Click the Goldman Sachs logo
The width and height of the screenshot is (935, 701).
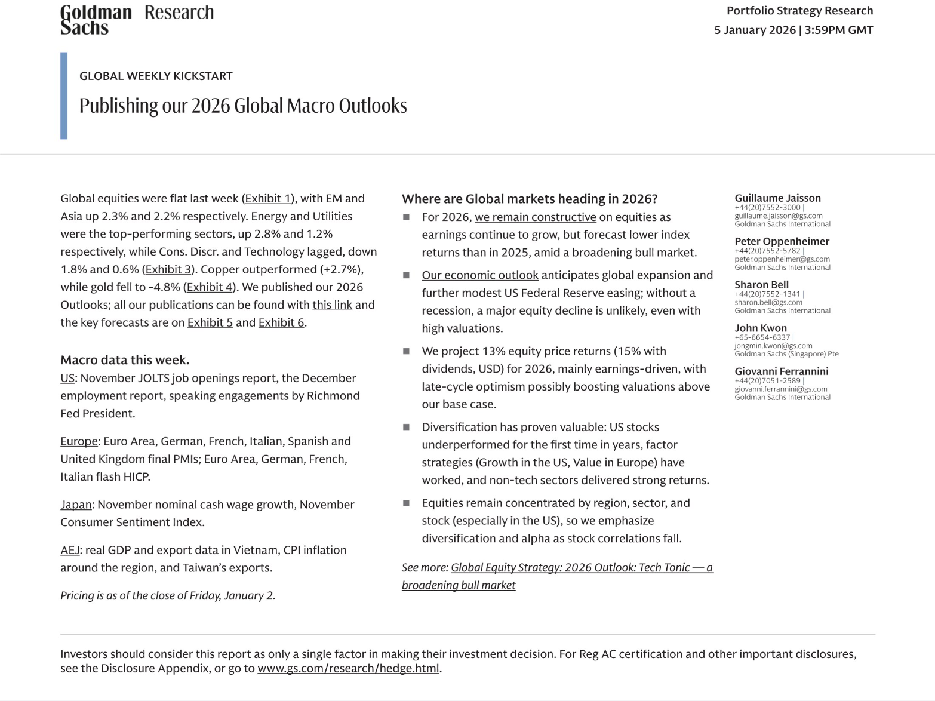click(96, 20)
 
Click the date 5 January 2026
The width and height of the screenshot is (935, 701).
click(755, 30)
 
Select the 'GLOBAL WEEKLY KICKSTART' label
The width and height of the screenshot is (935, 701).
click(156, 76)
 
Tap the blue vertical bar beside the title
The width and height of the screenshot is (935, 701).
click(64, 96)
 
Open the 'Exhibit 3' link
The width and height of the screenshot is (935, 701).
click(168, 269)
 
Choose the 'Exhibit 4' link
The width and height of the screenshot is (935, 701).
click(210, 287)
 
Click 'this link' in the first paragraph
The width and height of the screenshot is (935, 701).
click(332, 305)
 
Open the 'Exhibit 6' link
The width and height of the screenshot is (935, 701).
click(281, 322)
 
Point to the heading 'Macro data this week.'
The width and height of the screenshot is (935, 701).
click(125, 360)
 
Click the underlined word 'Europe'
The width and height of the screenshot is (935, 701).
click(79, 441)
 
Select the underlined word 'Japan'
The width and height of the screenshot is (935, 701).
click(76, 505)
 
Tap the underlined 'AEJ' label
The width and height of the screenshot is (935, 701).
click(70, 550)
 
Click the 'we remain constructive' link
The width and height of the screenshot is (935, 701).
click(535, 217)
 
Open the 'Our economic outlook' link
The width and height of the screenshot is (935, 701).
click(480, 275)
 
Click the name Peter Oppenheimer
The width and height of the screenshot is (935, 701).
click(782, 241)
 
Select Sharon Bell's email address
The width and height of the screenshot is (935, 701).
click(768, 302)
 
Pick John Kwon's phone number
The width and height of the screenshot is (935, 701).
click(762, 337)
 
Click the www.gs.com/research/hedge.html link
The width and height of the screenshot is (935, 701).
click(349, 668)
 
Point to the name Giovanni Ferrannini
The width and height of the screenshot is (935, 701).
click(781, 371)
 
